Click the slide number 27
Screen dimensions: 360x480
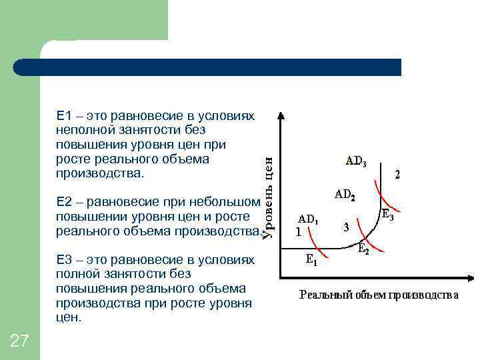pos(20,341)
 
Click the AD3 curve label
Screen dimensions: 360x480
pos(355,161)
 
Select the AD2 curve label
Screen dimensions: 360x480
pos(345,196)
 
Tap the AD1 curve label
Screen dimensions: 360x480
pos(308,218)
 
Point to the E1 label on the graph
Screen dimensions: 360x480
pos(311,261)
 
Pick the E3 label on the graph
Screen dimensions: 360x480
pos(387,215)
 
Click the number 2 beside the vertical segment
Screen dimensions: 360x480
pos(397,175)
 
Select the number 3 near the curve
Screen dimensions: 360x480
pos(345,227)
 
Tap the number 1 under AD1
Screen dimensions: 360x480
pos(299,233)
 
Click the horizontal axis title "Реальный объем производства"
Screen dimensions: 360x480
pos(379,294)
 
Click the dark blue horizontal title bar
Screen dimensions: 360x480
pos(207,67)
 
